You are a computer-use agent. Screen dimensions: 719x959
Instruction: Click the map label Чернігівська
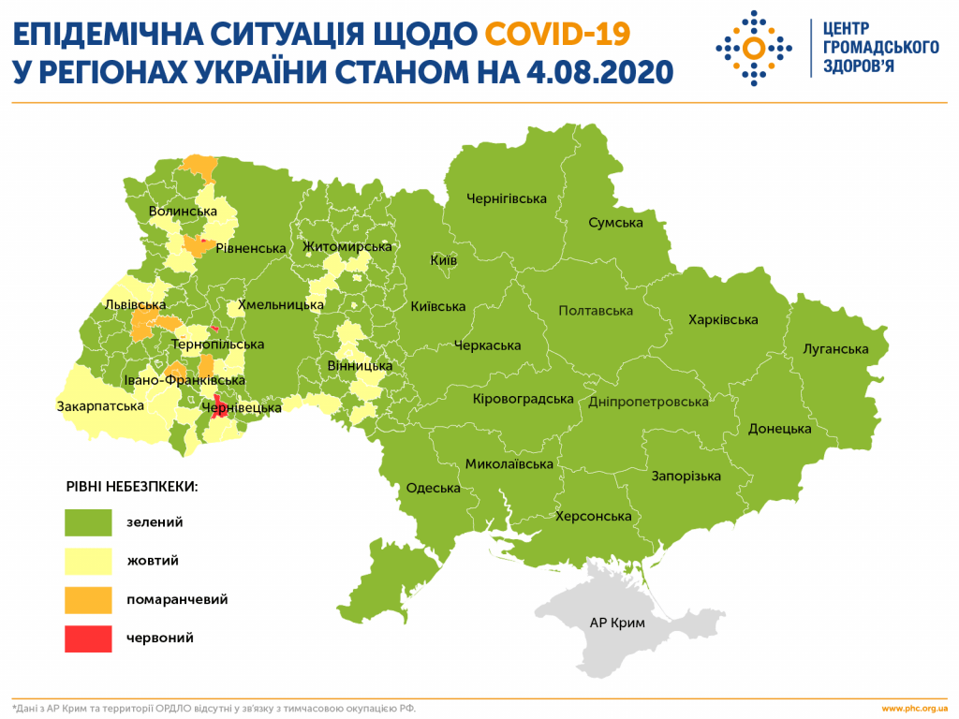pyautogui.click(x=507, y=198)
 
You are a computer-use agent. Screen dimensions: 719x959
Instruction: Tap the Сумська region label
pyautogui.click(x=615, y=223)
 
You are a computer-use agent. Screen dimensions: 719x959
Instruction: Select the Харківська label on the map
pyautogui.click(x=723, y=320)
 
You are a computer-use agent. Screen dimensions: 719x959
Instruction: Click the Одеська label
pyautogui.click(x=433, y=488)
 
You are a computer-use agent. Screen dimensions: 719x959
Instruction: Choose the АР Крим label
pyautogui.click(x=617, y=622)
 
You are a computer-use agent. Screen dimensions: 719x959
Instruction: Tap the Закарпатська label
pyautogui.click(x=100, y=406)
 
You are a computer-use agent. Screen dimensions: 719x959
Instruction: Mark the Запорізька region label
pyautogui.click(x=686, y=477)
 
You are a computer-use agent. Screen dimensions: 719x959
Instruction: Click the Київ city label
pyautogui.click(x=443, y=260)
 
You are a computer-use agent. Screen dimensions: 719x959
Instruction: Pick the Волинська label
pyautogui.click(x=183, y=212)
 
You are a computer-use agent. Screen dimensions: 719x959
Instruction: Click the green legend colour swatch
pyautogui.click(x=88, y=522)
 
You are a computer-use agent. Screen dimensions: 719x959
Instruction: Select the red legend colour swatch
pyautogui.click(x=88, y=638)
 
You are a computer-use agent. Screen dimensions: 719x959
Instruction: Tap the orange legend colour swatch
pyautogui.click(x=88, y=599)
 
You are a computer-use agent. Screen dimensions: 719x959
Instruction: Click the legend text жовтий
pyautogui.click(x=153, y=561)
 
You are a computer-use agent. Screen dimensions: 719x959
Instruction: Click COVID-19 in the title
pyautogui.click(x=557, y=35)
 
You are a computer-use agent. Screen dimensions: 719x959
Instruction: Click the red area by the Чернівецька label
pyautogui.click(x=218, y=407)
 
